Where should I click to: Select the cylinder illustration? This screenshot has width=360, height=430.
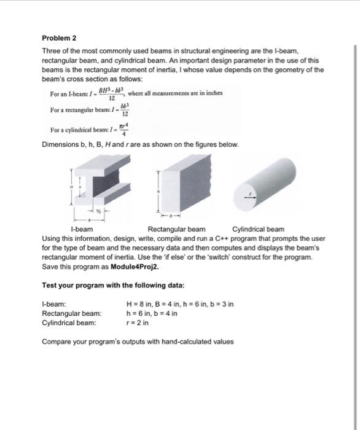261,183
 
